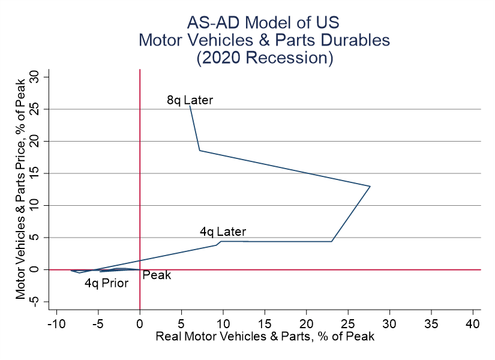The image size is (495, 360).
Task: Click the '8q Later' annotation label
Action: [x=190, y=100]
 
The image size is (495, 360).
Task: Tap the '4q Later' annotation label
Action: [x=223, y=232]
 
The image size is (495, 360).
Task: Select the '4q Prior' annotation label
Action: [x=106, y=283]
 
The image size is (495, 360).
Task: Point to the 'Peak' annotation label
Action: [x=157, y=275]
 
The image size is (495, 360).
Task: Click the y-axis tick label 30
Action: [x=35, y=77]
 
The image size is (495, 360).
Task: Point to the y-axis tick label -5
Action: [x=35, y=302]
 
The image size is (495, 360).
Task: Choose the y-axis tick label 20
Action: [x=35, y=141]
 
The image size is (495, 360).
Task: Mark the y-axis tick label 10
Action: [x=35, y=205]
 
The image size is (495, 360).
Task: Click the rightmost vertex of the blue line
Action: [x=370, y=186]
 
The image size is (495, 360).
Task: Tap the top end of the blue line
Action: [x=190, y=106]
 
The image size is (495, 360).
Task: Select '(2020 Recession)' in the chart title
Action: [x=263, y=58]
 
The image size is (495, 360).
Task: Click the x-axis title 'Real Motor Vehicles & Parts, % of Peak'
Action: [x=265, y=336]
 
